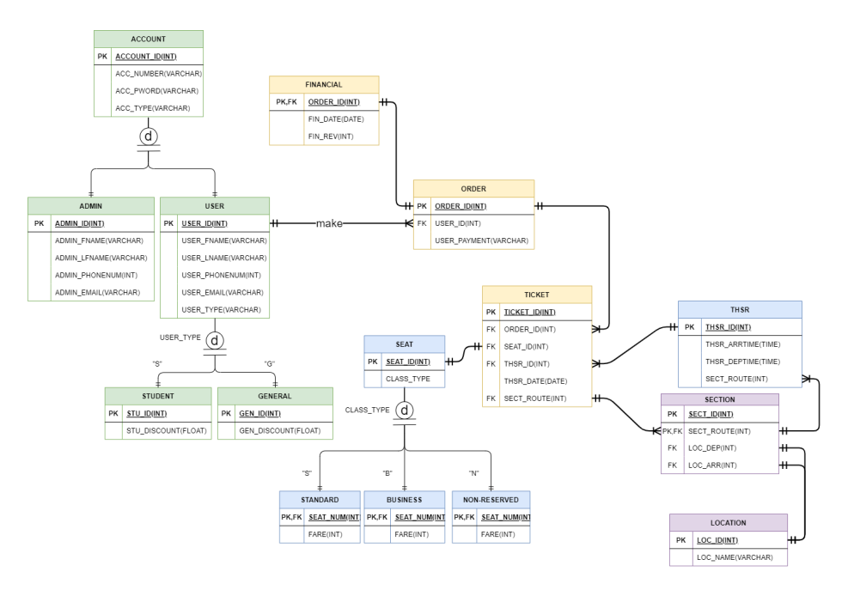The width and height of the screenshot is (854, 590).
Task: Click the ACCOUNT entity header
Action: coord(148,39)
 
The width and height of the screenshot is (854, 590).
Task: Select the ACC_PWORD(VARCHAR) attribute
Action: coord(157,91)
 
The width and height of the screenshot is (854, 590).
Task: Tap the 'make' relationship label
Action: coord(329,223)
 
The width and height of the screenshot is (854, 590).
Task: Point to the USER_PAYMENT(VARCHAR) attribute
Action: coord(481,240)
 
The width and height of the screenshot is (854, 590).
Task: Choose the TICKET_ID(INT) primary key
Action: coord(529,313)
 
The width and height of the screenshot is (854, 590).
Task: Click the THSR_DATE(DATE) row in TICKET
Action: coord(535,380)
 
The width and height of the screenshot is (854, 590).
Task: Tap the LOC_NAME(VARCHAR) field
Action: coord(735,557)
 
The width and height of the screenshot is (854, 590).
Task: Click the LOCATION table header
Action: coord(728,522)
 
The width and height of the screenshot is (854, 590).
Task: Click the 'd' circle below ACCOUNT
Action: coord(149,137)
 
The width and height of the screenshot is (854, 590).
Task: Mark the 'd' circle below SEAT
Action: coord(405,411)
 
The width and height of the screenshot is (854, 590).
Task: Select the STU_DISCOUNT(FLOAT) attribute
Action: coord(167,430)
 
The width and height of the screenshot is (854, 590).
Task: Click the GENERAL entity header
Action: coord(275,396)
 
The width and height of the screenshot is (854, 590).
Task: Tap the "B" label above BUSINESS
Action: coord(387,473)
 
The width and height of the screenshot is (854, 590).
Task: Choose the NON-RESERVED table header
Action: coord(491,499)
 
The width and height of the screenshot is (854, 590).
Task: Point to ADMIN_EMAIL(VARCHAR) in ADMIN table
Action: coord(97,292)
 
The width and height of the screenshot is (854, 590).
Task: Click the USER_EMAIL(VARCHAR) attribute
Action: coord(223,292)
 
